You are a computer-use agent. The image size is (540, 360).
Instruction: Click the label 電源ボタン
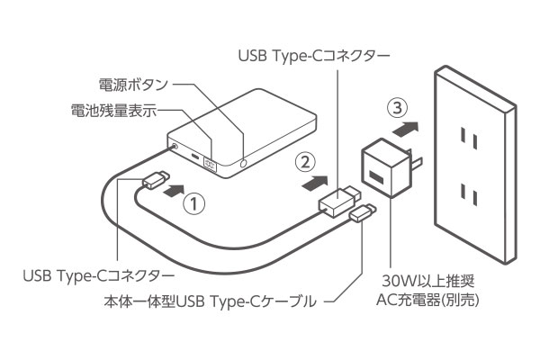(132, 85)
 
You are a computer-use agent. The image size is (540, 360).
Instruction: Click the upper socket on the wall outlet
(467, 138)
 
